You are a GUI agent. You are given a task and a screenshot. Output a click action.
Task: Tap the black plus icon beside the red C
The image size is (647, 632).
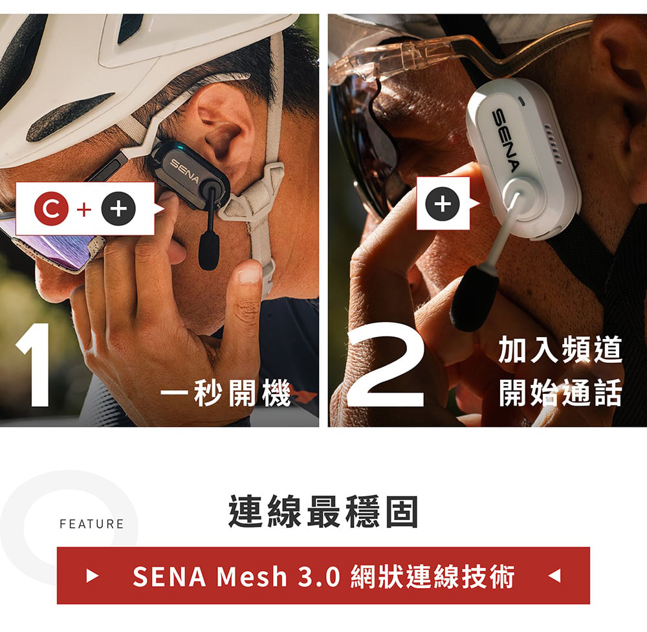[x=118, y=209]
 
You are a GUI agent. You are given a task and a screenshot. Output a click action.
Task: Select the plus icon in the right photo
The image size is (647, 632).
[x=443, y=203]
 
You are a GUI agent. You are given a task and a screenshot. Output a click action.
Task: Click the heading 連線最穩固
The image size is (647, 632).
[x=323, y=512]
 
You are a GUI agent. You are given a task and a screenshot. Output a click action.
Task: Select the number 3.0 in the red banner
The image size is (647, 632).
[x=319, y=576]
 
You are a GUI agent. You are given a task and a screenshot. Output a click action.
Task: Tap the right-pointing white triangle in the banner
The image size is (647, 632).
[x=93, y=575]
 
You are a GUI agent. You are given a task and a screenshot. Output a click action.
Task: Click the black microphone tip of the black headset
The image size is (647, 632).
[x=208, y=252]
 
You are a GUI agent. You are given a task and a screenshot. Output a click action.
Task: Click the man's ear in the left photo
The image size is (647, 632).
[x=223, y=123]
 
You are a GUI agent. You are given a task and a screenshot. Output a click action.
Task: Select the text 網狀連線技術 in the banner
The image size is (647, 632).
[x=432, y=576]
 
